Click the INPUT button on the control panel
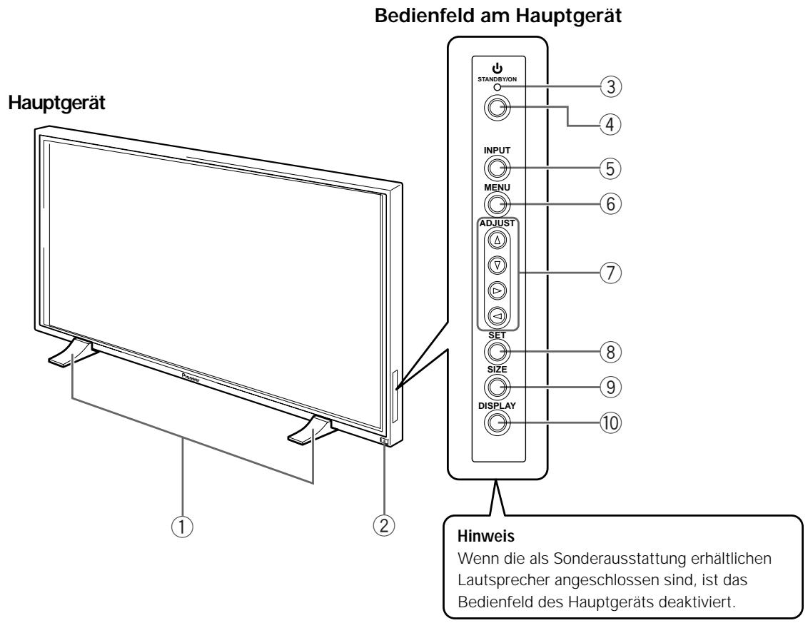pos(497,168)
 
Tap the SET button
pos(497,352)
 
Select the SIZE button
pos(497,387)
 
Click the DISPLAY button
pos(497,423)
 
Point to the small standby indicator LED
pos(498,87)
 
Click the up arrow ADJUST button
pos(498,240)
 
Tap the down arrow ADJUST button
pos(498,265)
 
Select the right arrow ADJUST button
pos(498,290)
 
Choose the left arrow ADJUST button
pos(498,315)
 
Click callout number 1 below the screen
pos(182,527)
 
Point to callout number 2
pos(384,525)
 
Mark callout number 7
pos(610,273)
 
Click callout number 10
pos(610,423)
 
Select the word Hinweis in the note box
pos(486,536)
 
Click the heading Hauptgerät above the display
pos(56,103)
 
